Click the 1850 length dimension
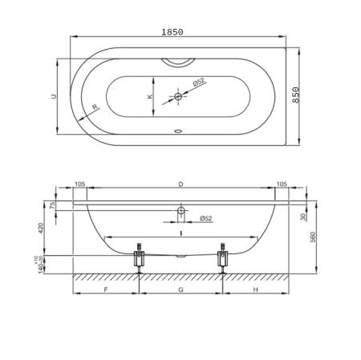pyautogui.click(x=172, y=32)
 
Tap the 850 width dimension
pyautogui.click(x=295, y=95)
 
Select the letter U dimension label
pyautogui.click(x=55, y=96)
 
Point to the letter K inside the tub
pyautogui.click(x=150, y=96)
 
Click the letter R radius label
pyautogui.click(x=95, y=107)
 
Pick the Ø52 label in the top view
pyautogui.click(x=198, y=82)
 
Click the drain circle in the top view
pyautogui.click(x=178, y=96)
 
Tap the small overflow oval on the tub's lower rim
pyautogui.click(x=178, y=131)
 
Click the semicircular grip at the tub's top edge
pyautogui.click(x=178, y=62)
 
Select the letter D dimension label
pyautogui.click(x=180, y=184)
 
